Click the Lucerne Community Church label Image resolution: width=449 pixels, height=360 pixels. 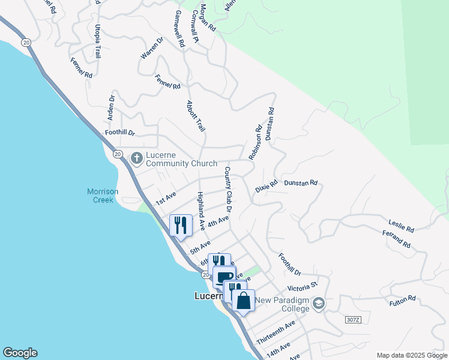pos(176,159)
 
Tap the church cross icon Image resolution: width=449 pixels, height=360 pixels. pos(136,158)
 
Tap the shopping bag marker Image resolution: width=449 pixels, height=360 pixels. pos(244,299)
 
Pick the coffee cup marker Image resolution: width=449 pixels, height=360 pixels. pos(224,277)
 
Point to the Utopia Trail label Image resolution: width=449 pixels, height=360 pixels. pos(97,41)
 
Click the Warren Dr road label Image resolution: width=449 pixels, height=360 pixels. pos(152,49)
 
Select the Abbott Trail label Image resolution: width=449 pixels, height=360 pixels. pos(196,116)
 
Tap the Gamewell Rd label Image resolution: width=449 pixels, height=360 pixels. pos(179,28)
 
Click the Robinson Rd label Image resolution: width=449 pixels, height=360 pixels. pos(256,142)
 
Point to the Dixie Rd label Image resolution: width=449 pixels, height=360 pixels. pos(266,186)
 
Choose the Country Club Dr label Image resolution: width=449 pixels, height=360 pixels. pos(228,188)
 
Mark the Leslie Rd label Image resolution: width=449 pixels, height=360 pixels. pos(401,226)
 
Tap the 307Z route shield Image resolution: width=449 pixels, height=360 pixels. pos(354,319)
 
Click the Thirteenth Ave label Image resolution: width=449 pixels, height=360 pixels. pos(276,332)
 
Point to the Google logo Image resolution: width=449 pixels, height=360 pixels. pos(20,353)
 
